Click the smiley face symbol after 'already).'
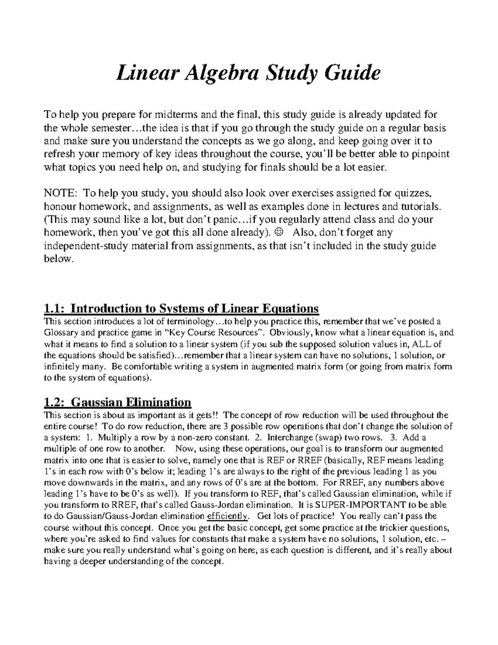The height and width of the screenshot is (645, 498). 278,232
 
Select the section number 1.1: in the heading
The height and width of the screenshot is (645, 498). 54,309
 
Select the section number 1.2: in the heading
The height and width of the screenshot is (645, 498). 54,402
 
